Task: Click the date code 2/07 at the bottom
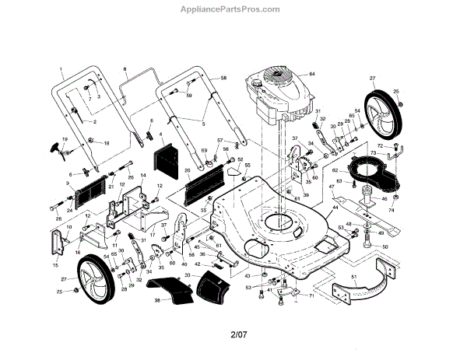[x=239, y=335]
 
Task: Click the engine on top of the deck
[x=273, y=97]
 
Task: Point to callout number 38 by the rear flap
[x=156, y=299]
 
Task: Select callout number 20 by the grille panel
[x=187, y=170]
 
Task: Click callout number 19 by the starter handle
[x=65, y=139]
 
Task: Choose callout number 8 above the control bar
[x=124, y=71]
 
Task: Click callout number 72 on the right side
[x=380, y=145]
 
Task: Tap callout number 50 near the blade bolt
[x=384, y=246]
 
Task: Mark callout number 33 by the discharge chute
[x=187, y=274]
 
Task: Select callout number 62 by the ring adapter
[x=336, y=170]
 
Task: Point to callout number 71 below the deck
[x=311, y=295]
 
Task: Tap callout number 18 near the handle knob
[x=107, y=144]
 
